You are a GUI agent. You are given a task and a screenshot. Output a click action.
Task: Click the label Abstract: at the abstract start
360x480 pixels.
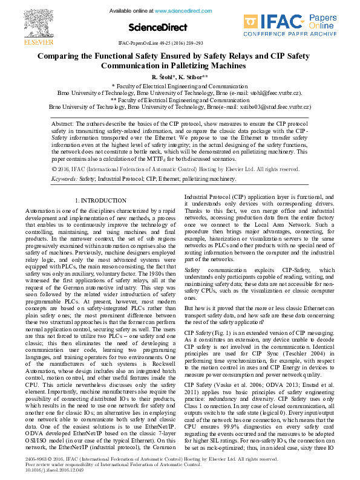(62, 123)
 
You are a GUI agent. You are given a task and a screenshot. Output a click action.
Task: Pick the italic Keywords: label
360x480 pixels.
(64, 180)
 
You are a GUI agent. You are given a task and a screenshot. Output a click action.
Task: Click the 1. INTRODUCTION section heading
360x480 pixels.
(100, 200)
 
